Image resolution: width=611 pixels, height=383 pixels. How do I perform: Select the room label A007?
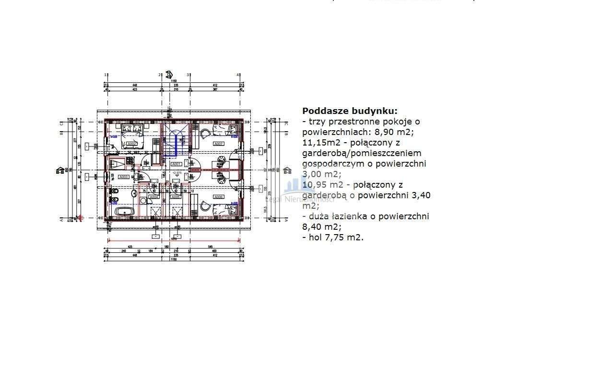click(x=219, y=143)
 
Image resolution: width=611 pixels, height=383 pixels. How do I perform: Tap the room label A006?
click(x=219, y=197)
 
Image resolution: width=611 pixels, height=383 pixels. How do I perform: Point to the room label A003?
click(x=123, y=177)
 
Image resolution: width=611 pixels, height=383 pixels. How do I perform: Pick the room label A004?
click(x=153, y=197)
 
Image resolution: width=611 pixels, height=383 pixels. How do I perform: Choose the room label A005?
click(x=176, y=197)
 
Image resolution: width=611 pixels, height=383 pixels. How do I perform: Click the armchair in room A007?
click(x=205, y=134)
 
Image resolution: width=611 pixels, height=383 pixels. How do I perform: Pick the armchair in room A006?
click(x=206, y=206)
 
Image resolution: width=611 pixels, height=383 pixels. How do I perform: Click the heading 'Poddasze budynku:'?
click(x=350, y=111)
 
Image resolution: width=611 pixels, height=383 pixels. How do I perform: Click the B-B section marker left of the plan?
click(x=60, y=170)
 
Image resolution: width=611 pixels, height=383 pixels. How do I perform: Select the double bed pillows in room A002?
click(x=129, y=128)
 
